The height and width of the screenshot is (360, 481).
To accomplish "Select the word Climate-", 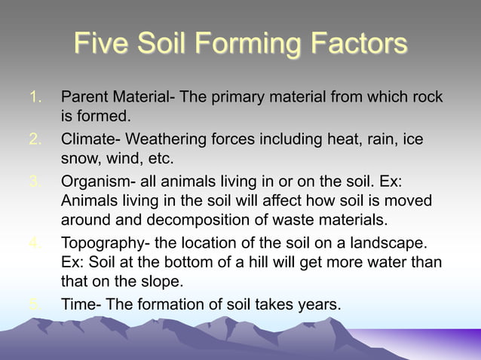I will click(91, 139).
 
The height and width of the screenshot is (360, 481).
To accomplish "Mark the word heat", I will click(339, 139).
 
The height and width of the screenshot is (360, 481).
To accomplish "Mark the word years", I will click(320, 305).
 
